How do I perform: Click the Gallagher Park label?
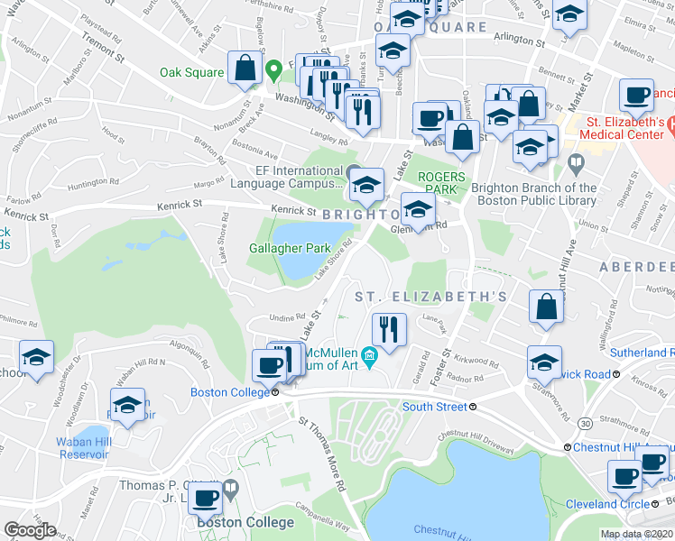(x=291, y=248)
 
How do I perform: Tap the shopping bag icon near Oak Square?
(x=245, y=68)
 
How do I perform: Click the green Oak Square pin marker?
(x=273, y=69)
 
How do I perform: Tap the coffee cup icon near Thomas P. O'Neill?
(x=207, y=497)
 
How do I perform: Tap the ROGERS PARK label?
(x=442, y=183)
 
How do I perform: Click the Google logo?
(x=30, y=530)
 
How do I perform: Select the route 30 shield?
(x=586, y=422)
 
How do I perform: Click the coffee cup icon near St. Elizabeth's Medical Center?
(x=636, y=95)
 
